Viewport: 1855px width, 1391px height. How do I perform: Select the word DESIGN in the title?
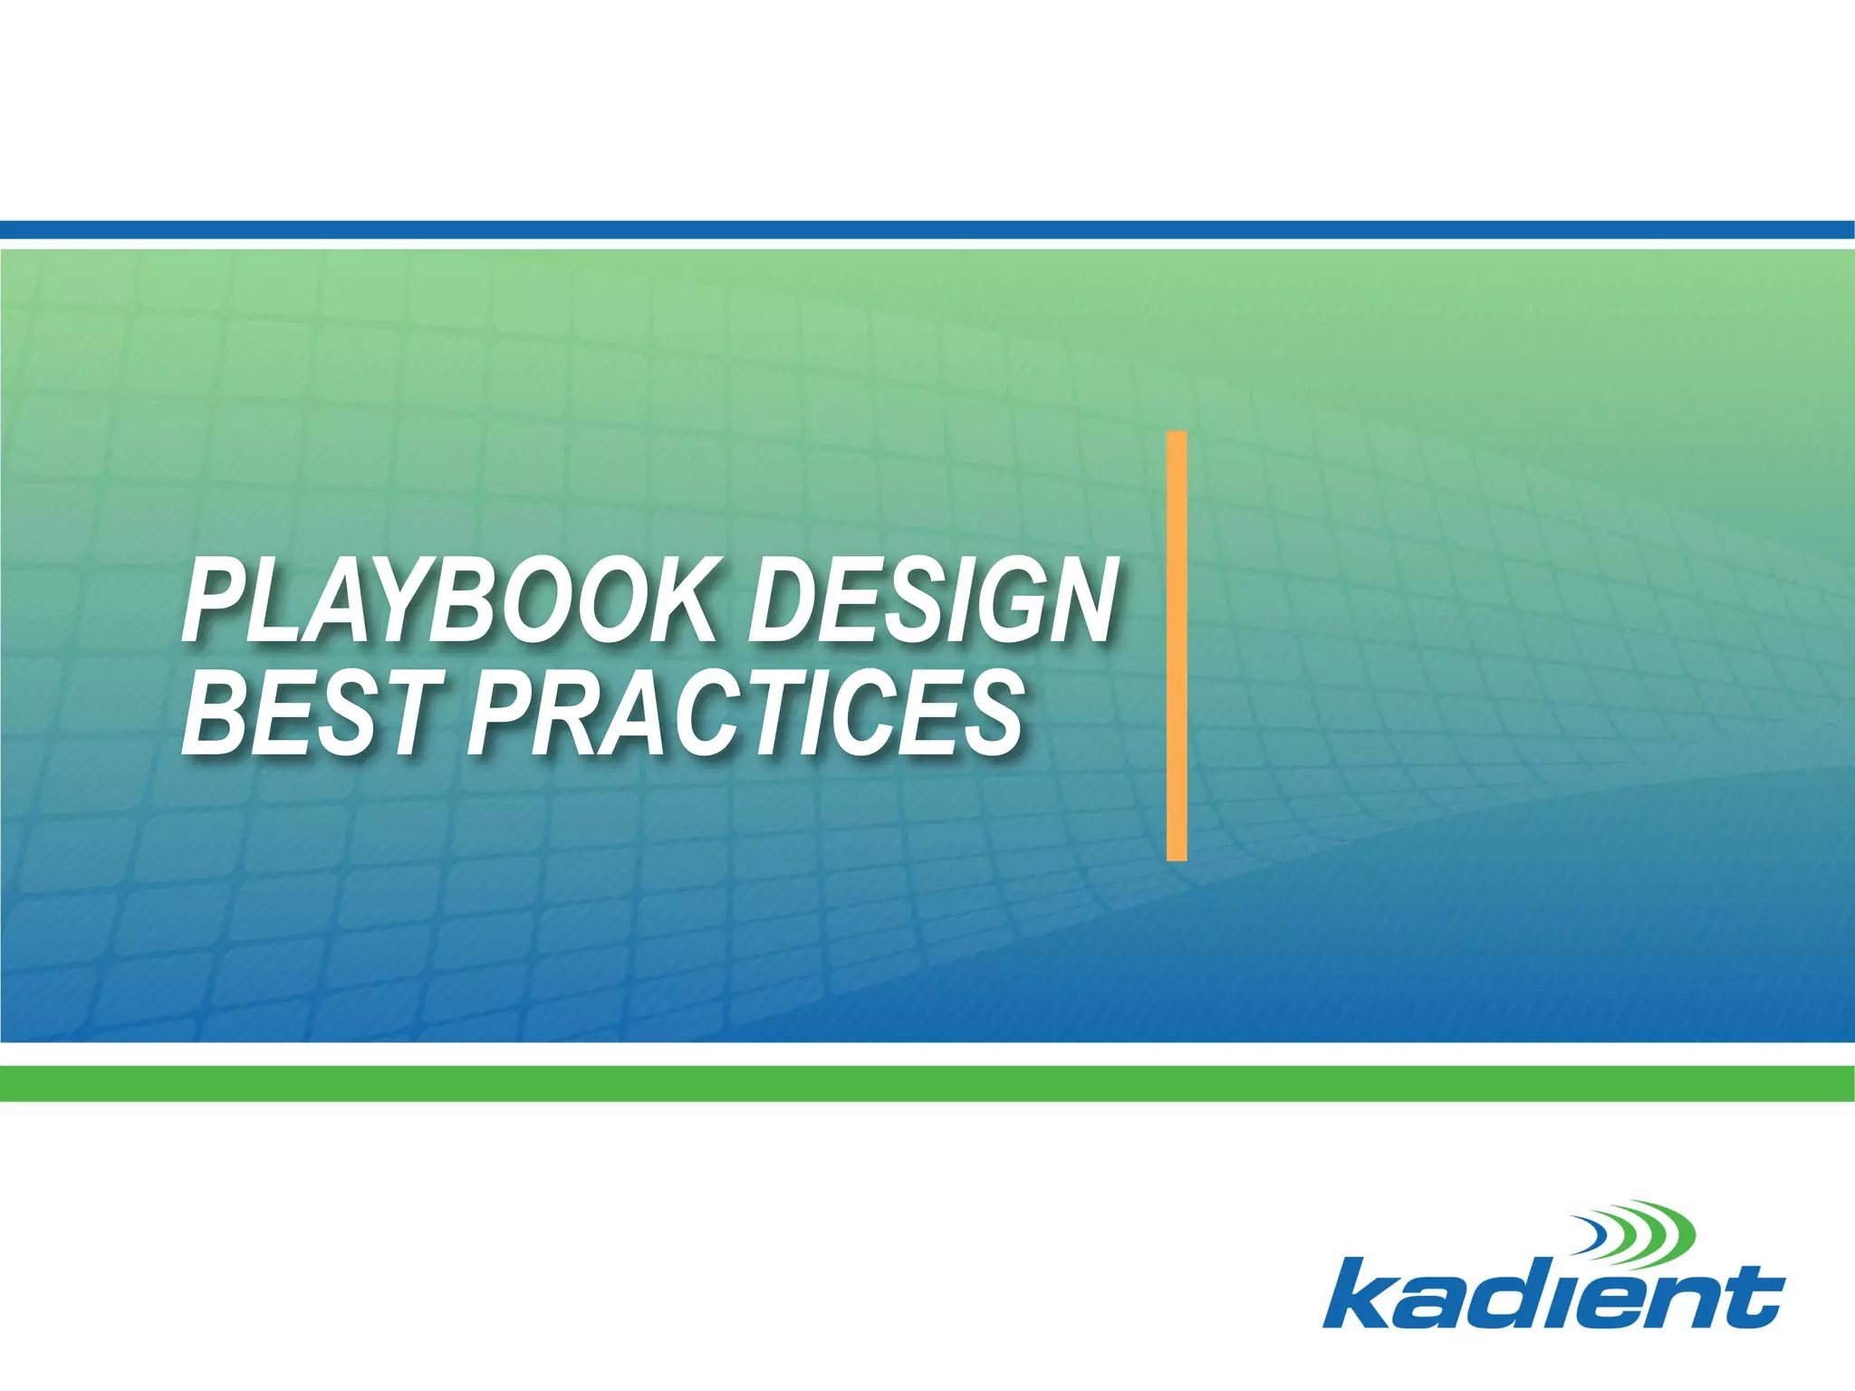coord(932,601)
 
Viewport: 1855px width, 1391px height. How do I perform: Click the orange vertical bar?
coord(1177,645)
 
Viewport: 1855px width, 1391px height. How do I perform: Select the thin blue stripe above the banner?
coord(927,230)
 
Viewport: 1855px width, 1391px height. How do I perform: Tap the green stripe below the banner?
coord(927,1083)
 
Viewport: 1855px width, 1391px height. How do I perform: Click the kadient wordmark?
coord(1552,1294)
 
